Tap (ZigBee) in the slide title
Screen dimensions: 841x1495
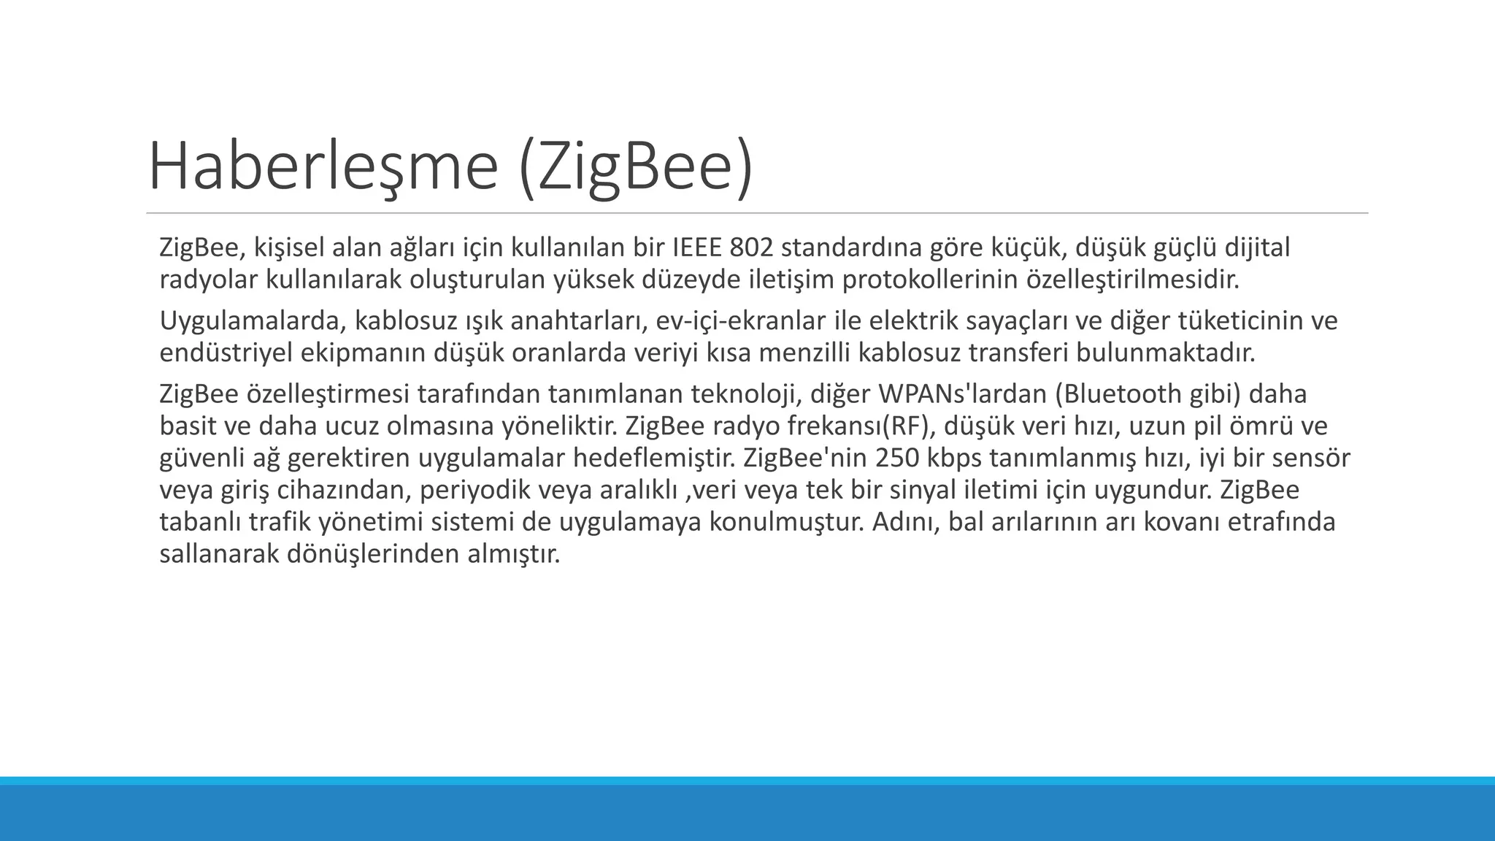(635, 167)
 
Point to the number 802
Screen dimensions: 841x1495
(751, 248)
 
